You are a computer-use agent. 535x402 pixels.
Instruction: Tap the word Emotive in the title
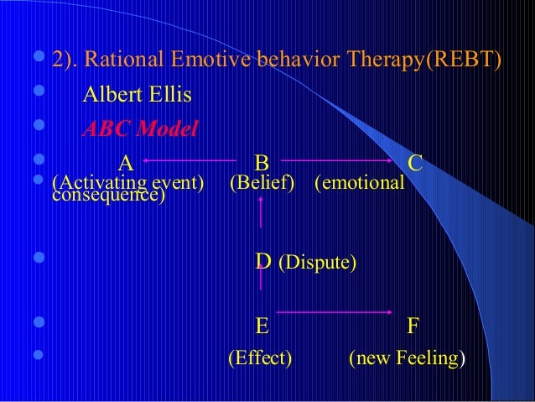(200, 61)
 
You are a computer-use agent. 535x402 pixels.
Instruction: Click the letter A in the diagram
(125, 161)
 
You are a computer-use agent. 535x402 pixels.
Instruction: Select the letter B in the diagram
(261, 161)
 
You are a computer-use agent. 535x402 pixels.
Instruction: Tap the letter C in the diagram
(414, 161)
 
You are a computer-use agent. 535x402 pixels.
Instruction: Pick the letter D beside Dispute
(262, 262)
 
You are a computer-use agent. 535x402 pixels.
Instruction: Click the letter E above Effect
(262, 325)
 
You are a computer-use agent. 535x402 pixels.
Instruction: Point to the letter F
(413, 325)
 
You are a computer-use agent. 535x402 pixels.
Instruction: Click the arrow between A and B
(188, 159)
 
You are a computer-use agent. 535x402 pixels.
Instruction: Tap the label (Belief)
(262, 183)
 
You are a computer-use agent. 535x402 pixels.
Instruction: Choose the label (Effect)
(260, 359)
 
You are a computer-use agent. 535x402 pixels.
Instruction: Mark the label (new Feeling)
(408, 359)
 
